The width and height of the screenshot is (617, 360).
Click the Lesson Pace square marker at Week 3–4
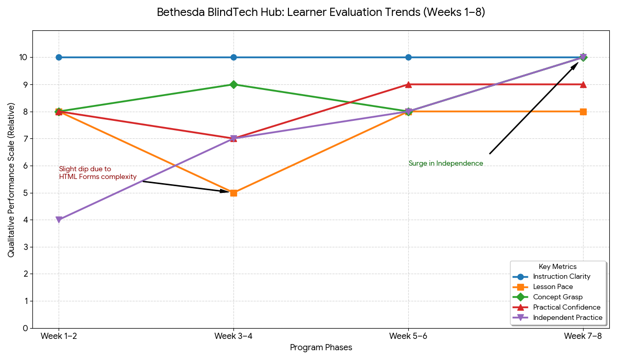pos(233,193)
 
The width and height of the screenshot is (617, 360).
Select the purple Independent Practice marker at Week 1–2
pos(59,220)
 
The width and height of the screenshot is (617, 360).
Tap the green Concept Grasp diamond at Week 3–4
pos(233,84)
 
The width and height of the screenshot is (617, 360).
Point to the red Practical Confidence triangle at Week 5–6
pos(408,84)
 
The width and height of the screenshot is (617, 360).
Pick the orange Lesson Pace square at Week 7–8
pos(583,112)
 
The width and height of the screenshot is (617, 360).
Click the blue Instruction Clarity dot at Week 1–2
pos(59,57)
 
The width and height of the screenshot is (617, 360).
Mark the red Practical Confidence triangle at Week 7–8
pos(583,84)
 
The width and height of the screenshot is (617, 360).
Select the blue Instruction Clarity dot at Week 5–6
pos(408,57)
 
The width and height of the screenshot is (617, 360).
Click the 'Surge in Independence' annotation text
pos(446,164)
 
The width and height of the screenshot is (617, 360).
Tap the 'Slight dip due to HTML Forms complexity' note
pos(98,173)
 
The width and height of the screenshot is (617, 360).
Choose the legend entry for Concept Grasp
pos(557,297)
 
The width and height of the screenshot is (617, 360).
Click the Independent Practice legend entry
pos(567,317)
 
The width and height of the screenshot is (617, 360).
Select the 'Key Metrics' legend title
pos(557,266)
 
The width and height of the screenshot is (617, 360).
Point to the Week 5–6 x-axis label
pos(408,336)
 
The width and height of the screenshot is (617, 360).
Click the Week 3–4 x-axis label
pos(233,336)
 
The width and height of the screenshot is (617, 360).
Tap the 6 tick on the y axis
pos(25,166)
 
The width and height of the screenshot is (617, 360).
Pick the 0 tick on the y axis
pos(25,328)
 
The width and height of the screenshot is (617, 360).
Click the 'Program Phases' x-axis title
pos(321,348)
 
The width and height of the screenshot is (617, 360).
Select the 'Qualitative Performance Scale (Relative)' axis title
pos(11,179)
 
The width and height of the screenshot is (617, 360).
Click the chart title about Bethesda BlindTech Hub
pos(321,12)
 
